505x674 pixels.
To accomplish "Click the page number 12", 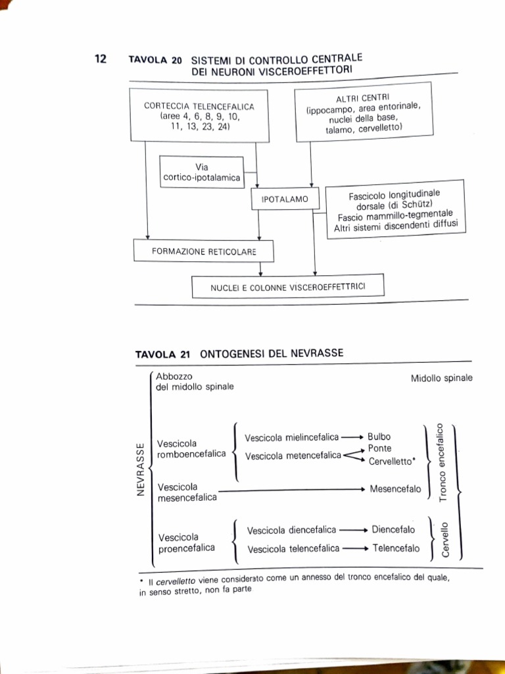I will (x=100, y=59).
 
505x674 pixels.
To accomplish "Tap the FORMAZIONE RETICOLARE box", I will (x=203, y=251).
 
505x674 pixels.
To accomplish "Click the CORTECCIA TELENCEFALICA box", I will (x=199, y=116).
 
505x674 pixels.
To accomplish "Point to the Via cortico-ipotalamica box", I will (x=201, y=172).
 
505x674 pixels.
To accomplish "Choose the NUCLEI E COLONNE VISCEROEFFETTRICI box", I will (x=287, y=286).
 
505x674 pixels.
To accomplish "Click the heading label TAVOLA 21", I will (x=162, y=354).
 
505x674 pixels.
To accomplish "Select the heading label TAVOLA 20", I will (x=155, y=60).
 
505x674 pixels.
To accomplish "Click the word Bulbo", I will (x=379, y=436).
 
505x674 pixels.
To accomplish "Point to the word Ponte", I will (x=379, y=448).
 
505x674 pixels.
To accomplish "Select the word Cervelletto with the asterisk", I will (x=392, y=461).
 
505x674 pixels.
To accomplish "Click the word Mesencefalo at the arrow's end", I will (x=395, y=489).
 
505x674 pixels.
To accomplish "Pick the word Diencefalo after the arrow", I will (x=393, y=529).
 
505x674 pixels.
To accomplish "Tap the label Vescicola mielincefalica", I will (x=292, y=437).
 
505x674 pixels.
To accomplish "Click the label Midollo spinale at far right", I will (x=441, y=378).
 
